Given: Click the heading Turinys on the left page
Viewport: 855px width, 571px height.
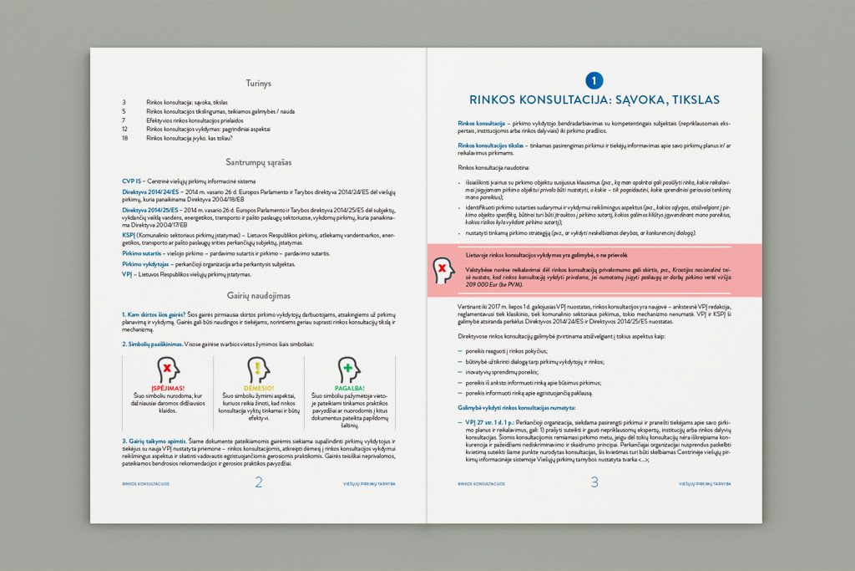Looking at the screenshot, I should tap(259, 84).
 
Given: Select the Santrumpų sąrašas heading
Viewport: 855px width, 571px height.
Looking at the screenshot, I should tap(259, 161).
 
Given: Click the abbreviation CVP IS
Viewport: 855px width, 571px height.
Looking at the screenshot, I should tap(133, 181).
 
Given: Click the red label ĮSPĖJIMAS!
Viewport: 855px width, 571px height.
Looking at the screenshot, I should tap(168, 388).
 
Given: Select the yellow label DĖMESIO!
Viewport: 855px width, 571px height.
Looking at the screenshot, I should tap(258, 388).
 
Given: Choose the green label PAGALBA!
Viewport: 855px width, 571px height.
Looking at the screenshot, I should tap(348, 388).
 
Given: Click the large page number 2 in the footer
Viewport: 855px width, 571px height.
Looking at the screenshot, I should tap(259, 482).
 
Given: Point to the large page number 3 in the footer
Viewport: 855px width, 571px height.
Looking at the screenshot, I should tap(594, 482).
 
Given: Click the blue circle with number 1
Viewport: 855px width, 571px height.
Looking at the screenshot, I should tap(594, 80).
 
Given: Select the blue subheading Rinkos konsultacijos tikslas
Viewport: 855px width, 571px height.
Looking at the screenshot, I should tap(491, 145).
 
